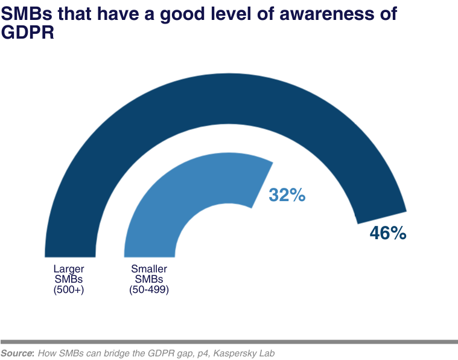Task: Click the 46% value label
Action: pos(387,233)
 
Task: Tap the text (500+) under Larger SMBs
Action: pos(68,289)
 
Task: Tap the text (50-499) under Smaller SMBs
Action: pos(148,289)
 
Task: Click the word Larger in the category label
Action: pos(68,269)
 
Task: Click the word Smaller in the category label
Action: pos(148,269)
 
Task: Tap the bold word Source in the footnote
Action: pos(17,353)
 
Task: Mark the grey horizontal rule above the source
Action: pos(229,341)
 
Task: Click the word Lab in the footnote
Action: pos(266,353)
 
